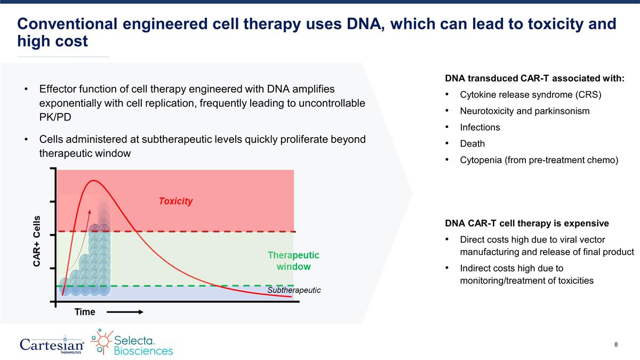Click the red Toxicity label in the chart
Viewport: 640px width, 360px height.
176,201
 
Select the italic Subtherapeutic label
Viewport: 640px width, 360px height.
294,290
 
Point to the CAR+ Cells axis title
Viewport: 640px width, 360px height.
37,241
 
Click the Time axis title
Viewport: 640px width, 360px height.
84,312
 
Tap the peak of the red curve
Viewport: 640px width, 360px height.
94,181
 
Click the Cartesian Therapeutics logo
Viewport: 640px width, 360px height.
52,344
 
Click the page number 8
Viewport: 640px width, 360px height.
616,345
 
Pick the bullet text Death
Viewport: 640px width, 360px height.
472,143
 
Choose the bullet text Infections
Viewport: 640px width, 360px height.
480,127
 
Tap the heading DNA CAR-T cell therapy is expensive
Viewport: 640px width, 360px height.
526,223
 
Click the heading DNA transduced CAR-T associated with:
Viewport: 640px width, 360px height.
534,78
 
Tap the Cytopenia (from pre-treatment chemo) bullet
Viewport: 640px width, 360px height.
539,159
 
